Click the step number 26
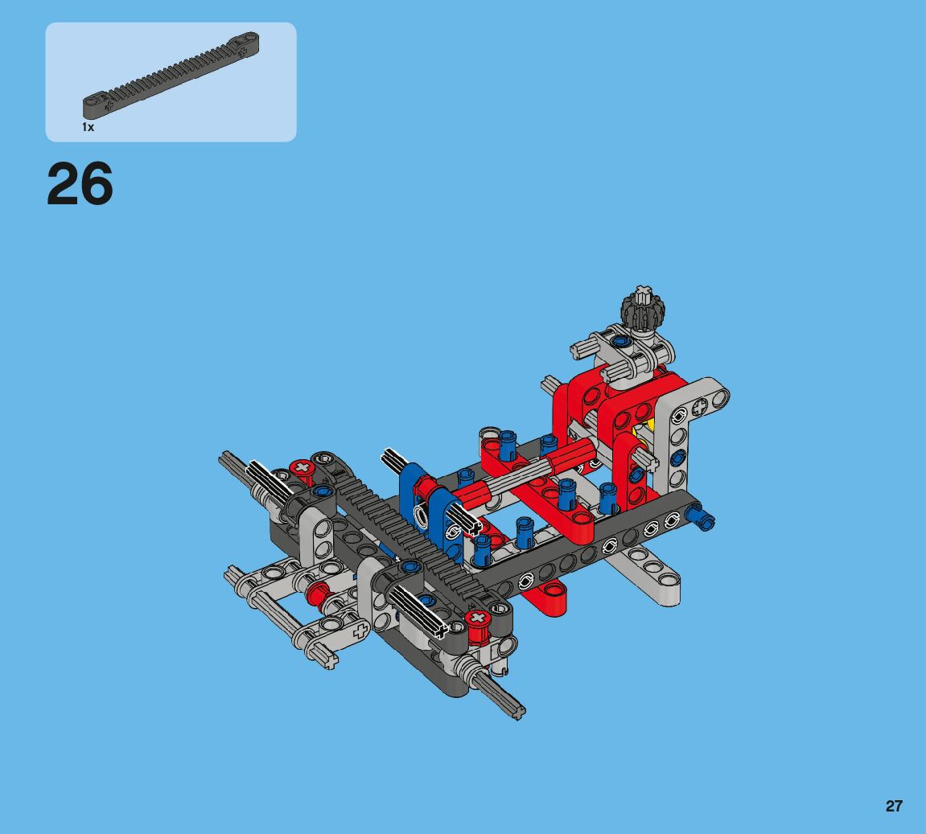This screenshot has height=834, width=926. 80,183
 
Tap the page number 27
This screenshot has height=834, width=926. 894,806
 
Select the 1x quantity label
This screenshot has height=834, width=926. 88,127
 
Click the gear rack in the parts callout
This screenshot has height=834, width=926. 171,74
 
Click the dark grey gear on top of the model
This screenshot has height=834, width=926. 643,306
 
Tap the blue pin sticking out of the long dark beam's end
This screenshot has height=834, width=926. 702,518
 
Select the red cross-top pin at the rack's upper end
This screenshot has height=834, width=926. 302,469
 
